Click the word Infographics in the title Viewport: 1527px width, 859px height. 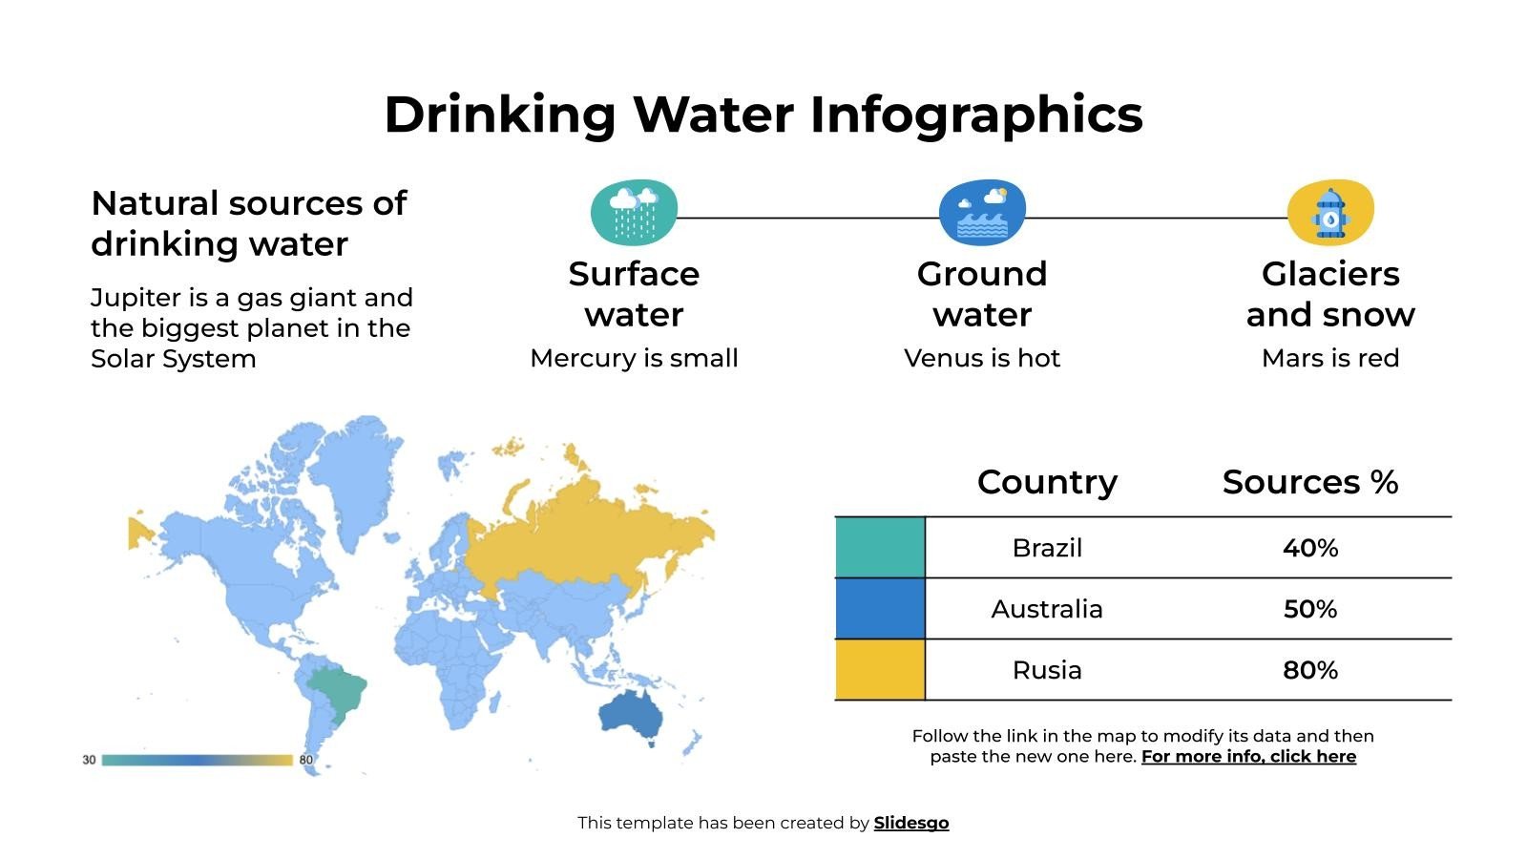(x=975, y=115)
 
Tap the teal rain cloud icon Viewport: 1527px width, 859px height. (x=634, y=211)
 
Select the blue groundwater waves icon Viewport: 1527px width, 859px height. (x=982, y=212)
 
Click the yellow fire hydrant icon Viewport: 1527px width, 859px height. (x=1330, y=212)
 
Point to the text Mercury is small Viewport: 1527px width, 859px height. (x=634, y=358)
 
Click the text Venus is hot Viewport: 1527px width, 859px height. (x=982, y=358)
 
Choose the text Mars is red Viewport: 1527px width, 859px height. (x=1330, y=358)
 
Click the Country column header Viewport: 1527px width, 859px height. (x=1047, y=482)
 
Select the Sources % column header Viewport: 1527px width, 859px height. (x=1309, y=482)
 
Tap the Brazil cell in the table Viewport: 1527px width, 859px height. (x=1047, y=548)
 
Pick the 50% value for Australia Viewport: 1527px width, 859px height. (x=1309, y=609)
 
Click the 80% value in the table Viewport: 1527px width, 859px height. (x=1309, y=670)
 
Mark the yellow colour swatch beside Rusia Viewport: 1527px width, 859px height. (x=880, y=670)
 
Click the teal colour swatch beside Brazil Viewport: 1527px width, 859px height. (x=880, y=548)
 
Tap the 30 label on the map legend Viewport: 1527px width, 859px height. (x=89, y=760)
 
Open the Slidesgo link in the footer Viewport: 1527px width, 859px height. (x=911, y=823)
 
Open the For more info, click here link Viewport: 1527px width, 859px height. (x=1248, y=757)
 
